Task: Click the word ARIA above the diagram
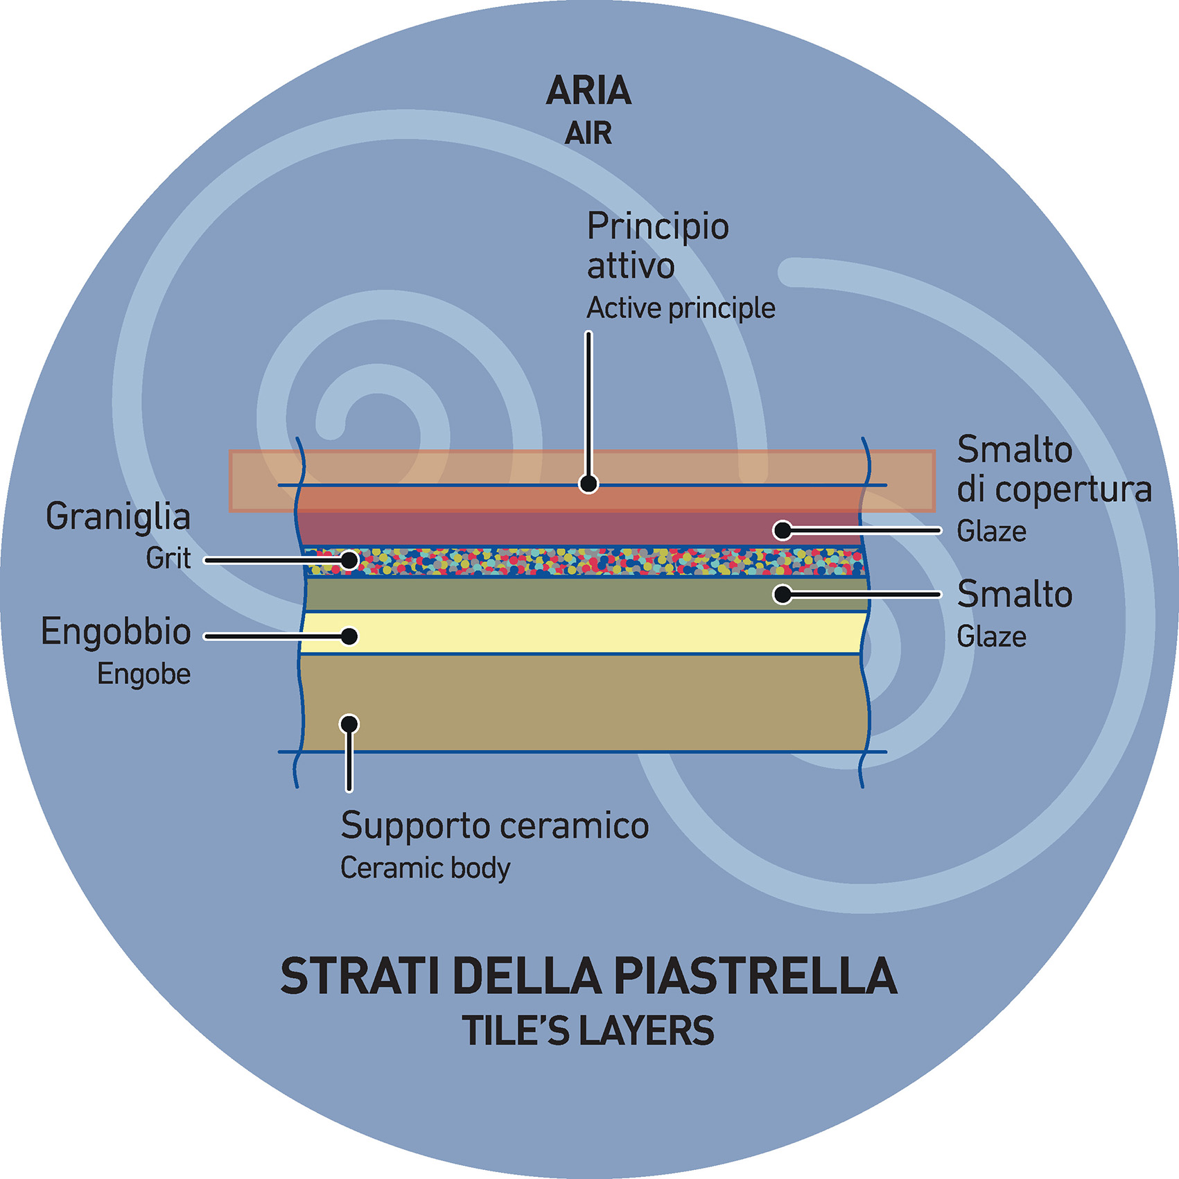(x=588, y=91)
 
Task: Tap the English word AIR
(x=588, y=133)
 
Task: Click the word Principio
(x=658, y=227)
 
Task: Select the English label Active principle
(x=681, y=308)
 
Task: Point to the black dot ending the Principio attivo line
(x=588, y=483)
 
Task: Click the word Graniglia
(x=118, y=517)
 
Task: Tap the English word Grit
(x=168, y=559)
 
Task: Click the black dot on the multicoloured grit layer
(x=349, y=559)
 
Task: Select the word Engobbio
(x=116, y=632)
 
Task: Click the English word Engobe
(x=143, y=674)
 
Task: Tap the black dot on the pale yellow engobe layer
(x=350, y=636)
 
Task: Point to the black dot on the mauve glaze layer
(x=783, y=530)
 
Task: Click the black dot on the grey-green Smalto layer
(x=783, y=594)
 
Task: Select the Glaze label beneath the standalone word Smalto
(x=991, y=637)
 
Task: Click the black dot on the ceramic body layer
(x=349, y=724)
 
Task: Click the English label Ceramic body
(x=425, y=868)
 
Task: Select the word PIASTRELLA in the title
(x=755, y=976)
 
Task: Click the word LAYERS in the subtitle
(x=647, y=1031)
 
